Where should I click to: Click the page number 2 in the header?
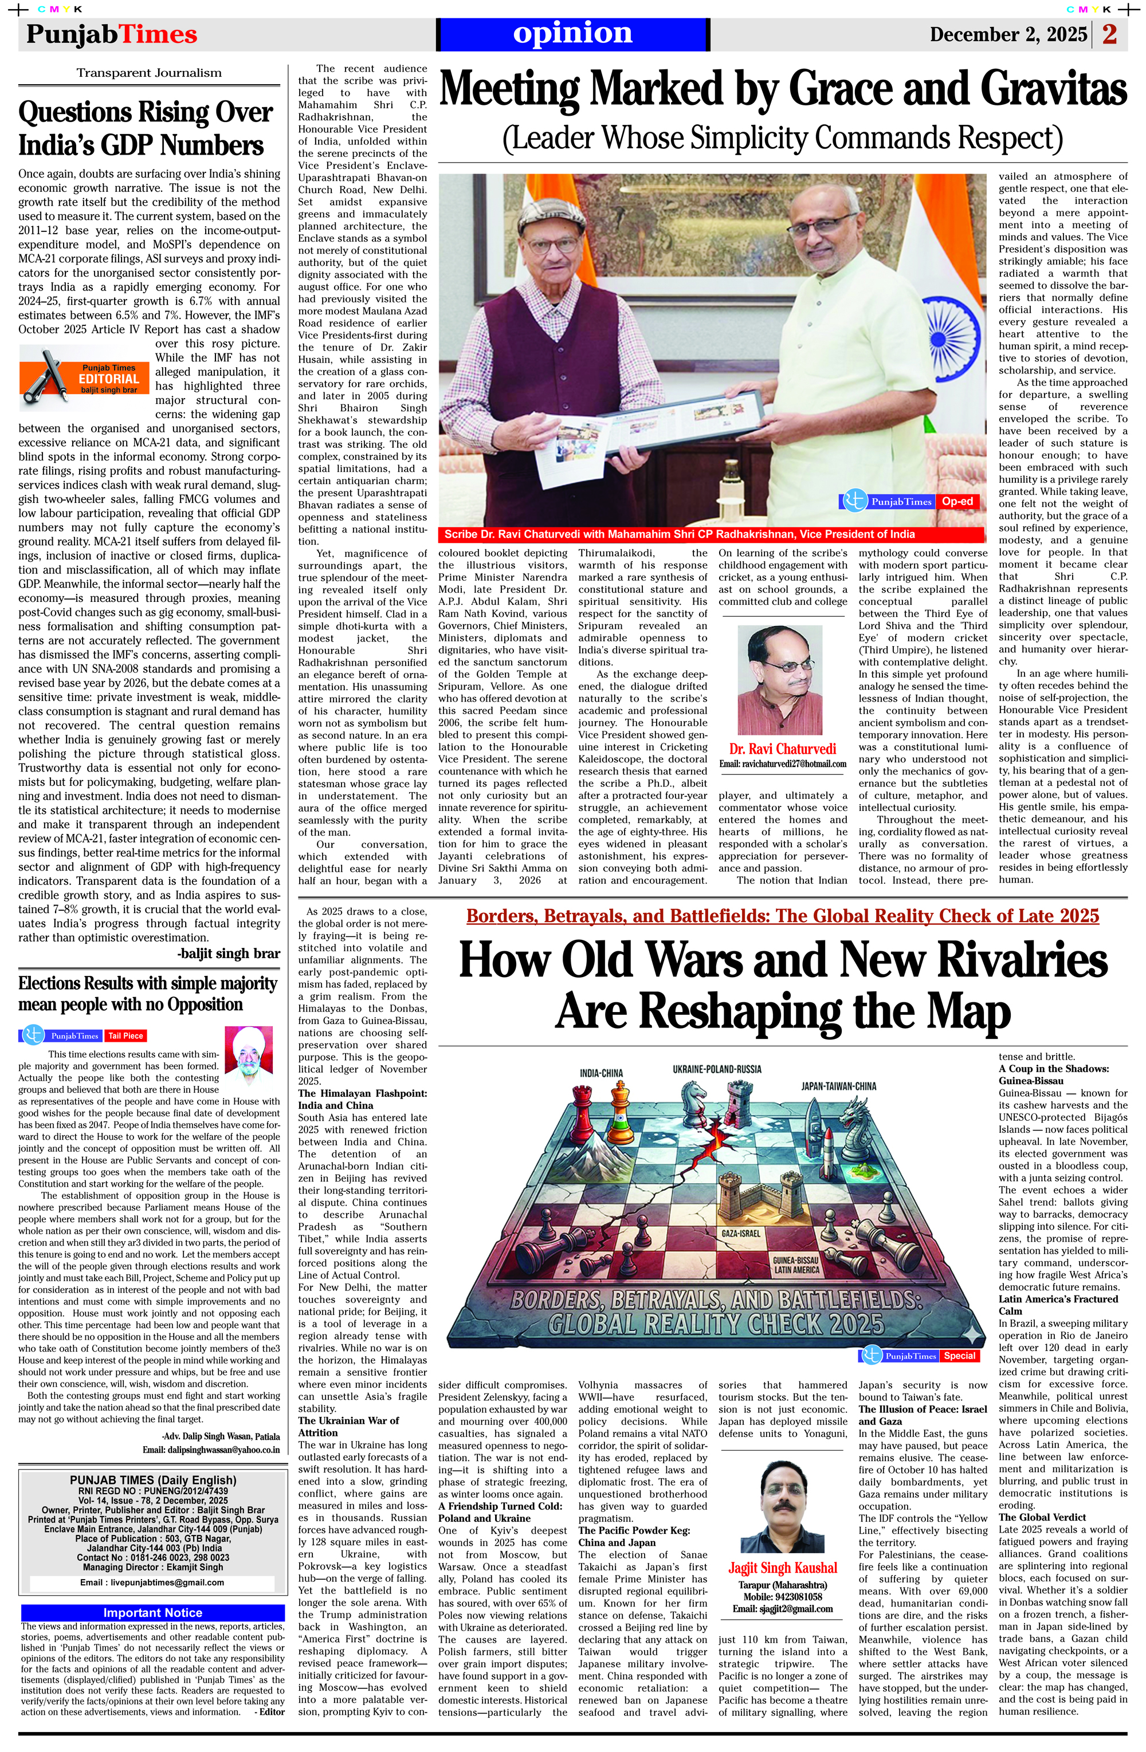tap(1110, 34)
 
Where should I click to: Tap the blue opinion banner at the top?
tap(572, 34)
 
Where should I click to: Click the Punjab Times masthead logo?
tap(112, 34)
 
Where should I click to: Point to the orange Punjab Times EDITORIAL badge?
tap(86, 379)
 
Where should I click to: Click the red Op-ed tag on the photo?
tap(957, 501)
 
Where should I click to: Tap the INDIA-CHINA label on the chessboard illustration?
tap(601, 1073)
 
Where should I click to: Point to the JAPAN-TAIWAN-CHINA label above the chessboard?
tap(839, 1085)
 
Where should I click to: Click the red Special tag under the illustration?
tap(960, 1355)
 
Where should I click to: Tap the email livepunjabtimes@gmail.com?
tap(152, 1582)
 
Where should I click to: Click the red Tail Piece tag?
tap(125, 1035)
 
